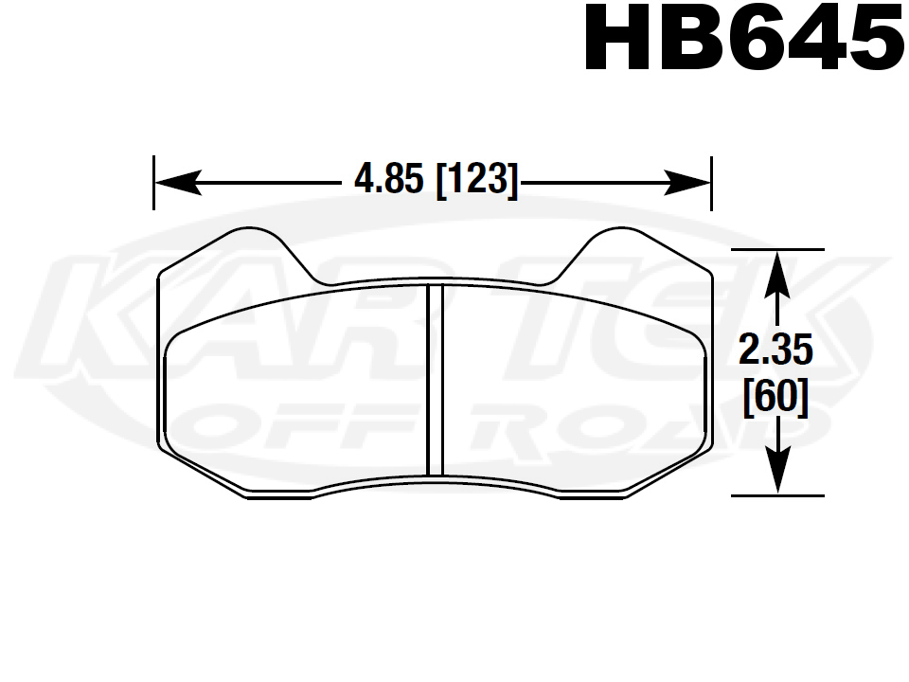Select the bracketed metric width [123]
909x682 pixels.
coord(477,179)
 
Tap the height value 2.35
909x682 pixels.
coord(775,352)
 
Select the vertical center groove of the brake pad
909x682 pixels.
coord(436,379)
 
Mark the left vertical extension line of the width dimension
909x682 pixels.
coord(153,182)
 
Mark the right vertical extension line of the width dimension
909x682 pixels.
coord(710,182)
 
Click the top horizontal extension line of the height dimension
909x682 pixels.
coord(776,249)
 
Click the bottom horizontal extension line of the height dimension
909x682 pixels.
coord(776,495)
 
